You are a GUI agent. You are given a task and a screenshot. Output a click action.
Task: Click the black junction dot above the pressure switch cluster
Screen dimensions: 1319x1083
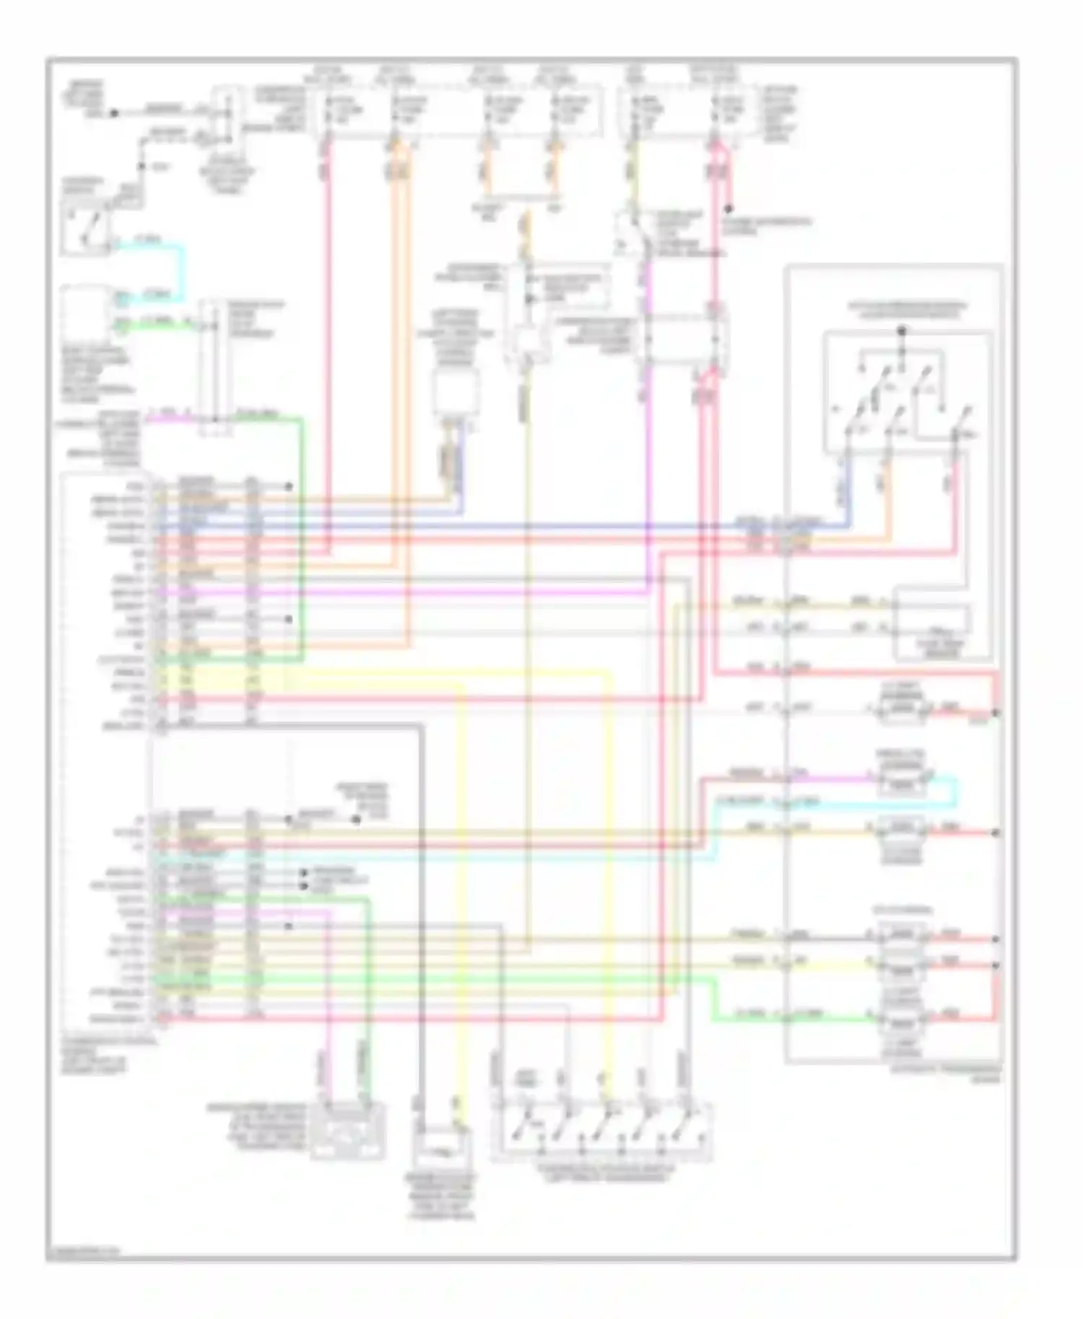pyautogui.click(x=901, y=331)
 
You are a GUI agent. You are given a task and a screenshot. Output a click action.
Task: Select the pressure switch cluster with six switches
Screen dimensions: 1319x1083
pyautogui.click(x=906, y=393)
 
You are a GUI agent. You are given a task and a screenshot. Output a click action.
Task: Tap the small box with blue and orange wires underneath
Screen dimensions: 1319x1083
pyautogui.click(x=455, y=393)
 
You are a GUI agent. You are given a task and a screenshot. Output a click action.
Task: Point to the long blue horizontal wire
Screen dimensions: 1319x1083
pyautogui.click(x=505, y=527)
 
